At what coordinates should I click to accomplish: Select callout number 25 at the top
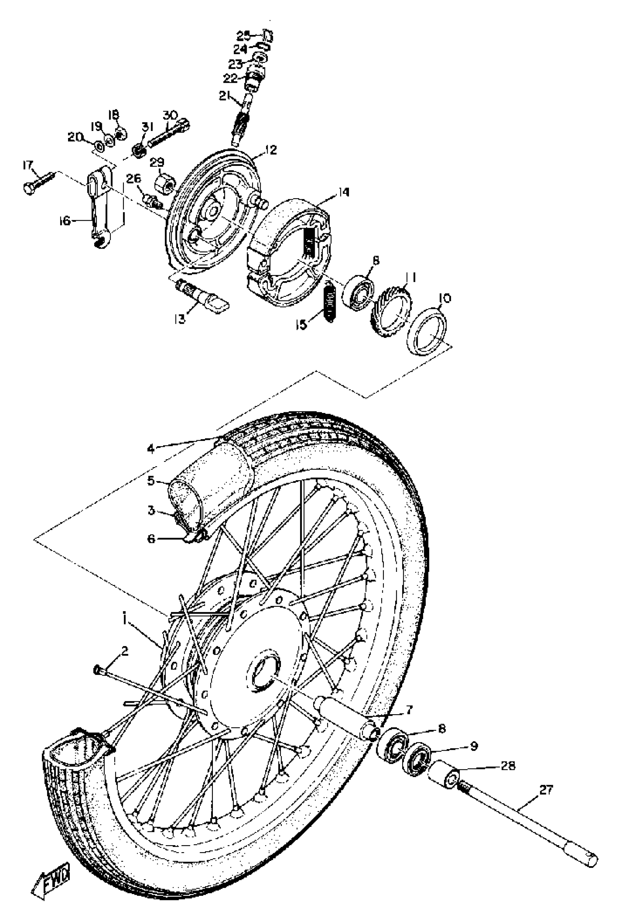[x=243, y=36]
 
